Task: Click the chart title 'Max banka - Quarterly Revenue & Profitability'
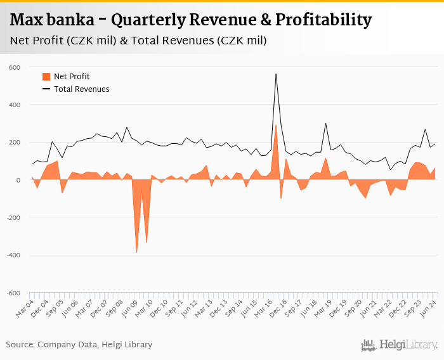coord(191,20)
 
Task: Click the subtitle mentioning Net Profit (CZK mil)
coord(138,41)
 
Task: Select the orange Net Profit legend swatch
coord(46,77)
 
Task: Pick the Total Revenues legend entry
coord(81,89)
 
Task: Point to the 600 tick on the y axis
coord(14,67)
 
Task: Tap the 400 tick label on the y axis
coord(14,105)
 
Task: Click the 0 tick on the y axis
coord(18,180)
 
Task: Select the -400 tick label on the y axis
coord(13,255)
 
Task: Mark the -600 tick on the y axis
coord(13,293)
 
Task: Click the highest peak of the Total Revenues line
coord(276,74)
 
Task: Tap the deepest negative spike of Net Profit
coord(136,252)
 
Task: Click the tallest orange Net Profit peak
coord(276,125)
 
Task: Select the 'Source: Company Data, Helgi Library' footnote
coord(79,345)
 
